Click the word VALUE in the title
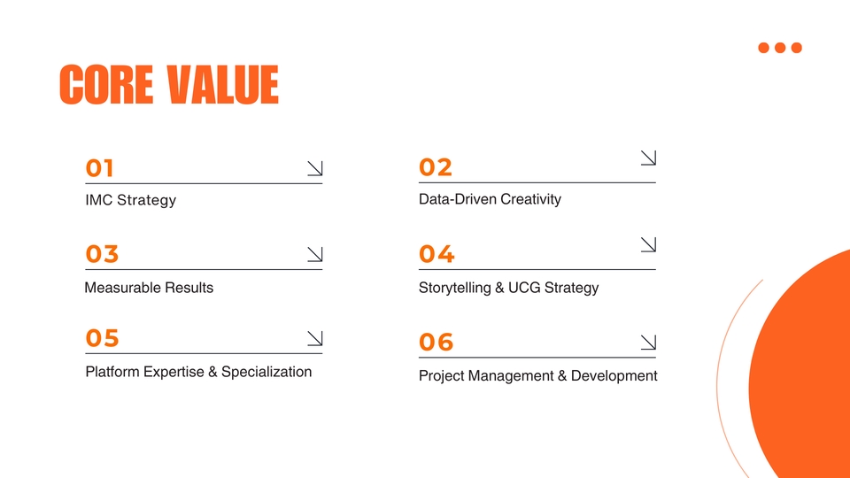click(x=222, y=85)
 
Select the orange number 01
click(x=100, y=168)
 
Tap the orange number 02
click(x=436, y=167)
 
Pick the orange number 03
click(x=102, y=255)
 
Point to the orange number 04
click(x=437, y=255)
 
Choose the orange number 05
click(x=102, y=338)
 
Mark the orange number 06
click(x=437, y=342)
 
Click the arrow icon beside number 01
click(x=314, y=168)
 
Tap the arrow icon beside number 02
click(x=648, y=158)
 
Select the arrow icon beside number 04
click(x=648, y=243)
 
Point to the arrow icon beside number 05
click(x=314, y=338)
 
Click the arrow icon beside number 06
click(x=648, y=342)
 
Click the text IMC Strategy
click(x=131, y=200)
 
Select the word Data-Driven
click(x=457, y=199)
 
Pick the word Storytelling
click(x=456, y=288)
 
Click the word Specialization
click(x=267, y=372)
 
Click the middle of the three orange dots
click(x=780, y=48)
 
